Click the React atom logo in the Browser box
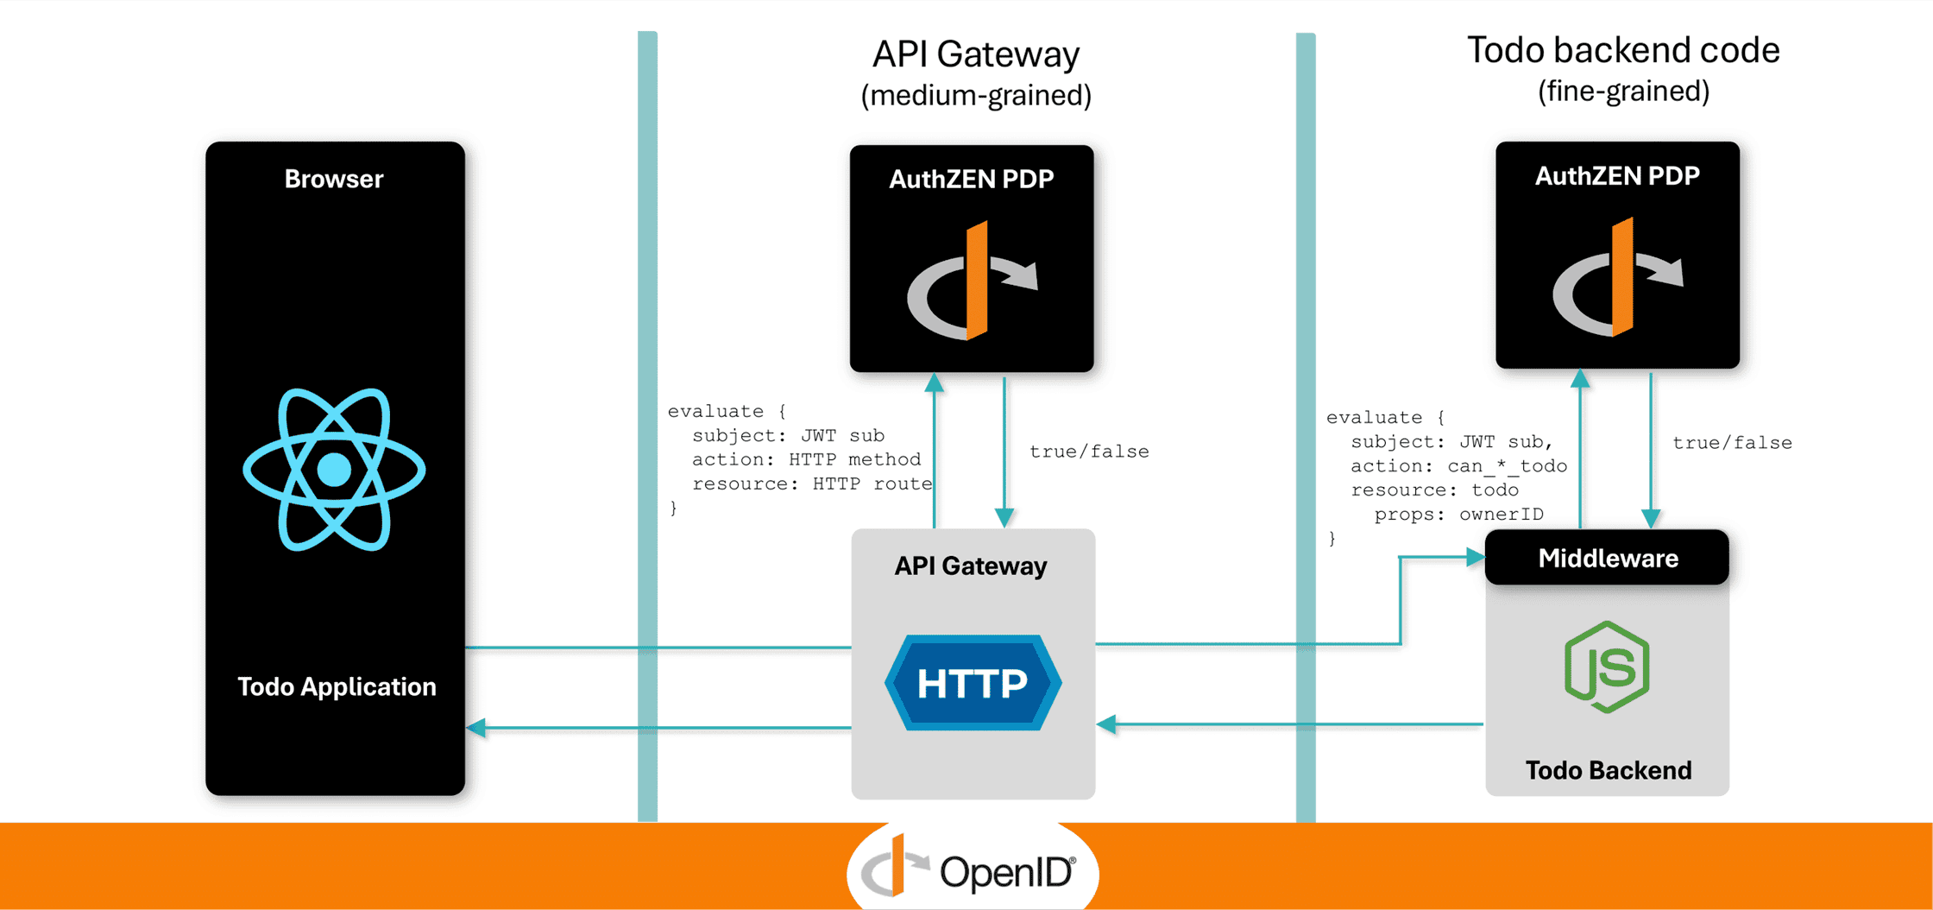click(334, 470)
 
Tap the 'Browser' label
click(334, 179)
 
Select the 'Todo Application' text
click(337, 686)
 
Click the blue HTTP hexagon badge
click(973, 683)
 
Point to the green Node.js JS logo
click(1607, 667)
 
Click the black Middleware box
click(1607, 558)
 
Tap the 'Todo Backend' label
click(1608, 770)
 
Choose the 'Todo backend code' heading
click(1623, 50)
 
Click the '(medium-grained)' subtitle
click(976, 95)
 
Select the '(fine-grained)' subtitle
click(1623, 91)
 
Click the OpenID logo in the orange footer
click(972, 870)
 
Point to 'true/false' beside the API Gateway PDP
click(1089, 452)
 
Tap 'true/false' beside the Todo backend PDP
click(1732, 443)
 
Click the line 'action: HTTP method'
click(806, 459)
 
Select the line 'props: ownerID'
click(1458, 515)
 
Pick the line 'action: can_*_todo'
click(1458, 466)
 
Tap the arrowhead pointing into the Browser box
click(476, 728)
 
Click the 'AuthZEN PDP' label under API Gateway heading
click(972, 179)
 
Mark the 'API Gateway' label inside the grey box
click(971, 566)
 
